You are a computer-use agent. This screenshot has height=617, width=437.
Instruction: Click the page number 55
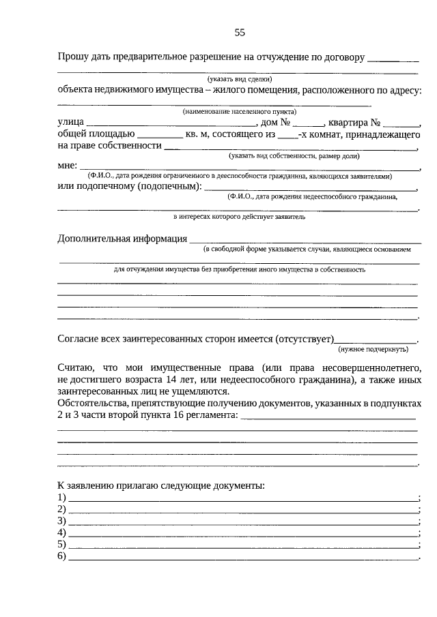[240, 32]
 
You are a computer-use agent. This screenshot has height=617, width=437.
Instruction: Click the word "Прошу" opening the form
[73, 57]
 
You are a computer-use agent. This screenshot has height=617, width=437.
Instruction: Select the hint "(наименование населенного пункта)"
[238, 111]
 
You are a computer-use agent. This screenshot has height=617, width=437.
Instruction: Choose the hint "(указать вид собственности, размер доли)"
[294, 156]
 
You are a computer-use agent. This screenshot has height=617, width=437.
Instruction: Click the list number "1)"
[62, 498]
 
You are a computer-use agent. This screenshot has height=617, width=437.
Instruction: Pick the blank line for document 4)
[243, 534]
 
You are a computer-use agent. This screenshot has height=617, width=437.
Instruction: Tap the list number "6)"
[62, 556]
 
